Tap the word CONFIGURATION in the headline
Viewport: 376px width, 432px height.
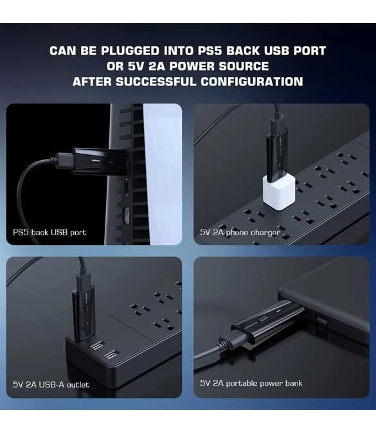(252, 82)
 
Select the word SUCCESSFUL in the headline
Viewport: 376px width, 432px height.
(156, 82)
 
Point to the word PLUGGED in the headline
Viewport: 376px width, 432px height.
(130, 51)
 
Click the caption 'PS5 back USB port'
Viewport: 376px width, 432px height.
(49, 232)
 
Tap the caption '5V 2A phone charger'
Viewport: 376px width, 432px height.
(240, 233)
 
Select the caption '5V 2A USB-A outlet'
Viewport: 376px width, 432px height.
(51, 384)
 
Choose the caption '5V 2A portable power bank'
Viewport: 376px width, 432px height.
(251, 383)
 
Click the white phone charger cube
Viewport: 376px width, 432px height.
(279, 192)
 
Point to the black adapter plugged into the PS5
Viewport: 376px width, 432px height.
(100, 161)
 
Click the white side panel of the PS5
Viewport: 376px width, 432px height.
(163, 174)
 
